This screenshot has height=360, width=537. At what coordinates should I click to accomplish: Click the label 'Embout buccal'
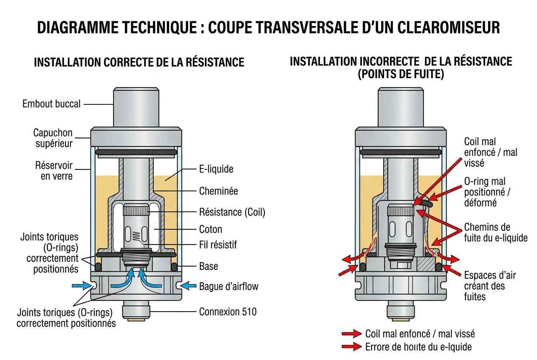click(51, 104)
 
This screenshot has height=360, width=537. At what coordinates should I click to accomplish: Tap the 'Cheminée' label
click(218, 191)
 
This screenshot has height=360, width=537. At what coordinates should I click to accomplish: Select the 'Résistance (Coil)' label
click(232, 212)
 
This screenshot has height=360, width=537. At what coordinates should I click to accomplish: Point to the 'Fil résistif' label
click(218, 245)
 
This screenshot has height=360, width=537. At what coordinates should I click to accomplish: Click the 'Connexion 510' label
click(228, 312)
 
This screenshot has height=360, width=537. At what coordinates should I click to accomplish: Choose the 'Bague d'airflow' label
click(228, 286)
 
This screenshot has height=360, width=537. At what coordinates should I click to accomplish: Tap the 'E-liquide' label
click(216, 169)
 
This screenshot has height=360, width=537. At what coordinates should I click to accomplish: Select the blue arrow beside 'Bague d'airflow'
click(188, 286)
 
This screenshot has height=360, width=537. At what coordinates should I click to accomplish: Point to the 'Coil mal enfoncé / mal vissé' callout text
click(490, 152)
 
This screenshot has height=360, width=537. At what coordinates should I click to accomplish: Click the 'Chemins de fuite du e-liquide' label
click(495, 232)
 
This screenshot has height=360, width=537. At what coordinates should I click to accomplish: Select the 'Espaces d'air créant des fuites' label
click(489, 285)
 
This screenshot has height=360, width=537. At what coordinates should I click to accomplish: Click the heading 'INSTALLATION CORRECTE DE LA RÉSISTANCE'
click(139, 62)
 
